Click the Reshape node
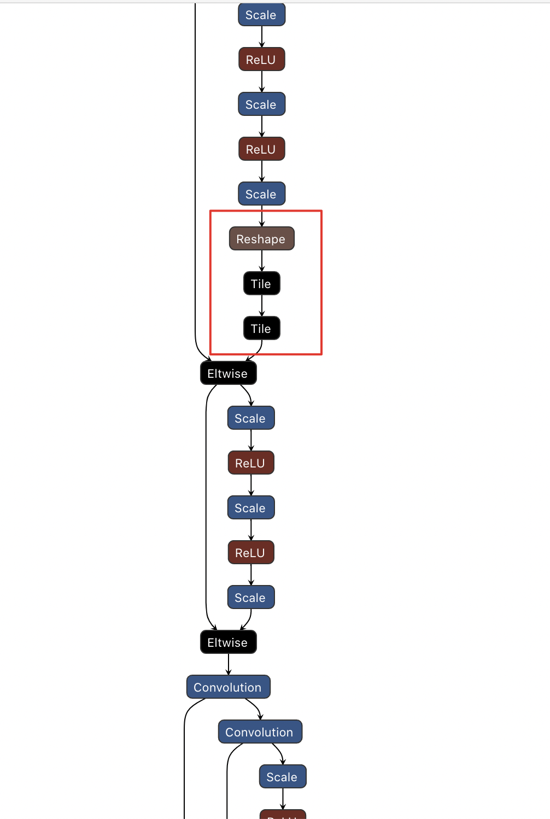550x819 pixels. [261, 239]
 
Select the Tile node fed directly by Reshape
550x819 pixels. [261, 284]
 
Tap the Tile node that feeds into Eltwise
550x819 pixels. [261, 329]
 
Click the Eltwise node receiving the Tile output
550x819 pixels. [228, 373]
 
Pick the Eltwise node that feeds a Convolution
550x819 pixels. [228, 642]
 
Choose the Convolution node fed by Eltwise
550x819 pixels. [228, 687]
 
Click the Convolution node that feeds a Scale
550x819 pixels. [260, 732]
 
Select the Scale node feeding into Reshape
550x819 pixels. [261, 194]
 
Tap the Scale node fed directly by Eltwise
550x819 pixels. [251, 418]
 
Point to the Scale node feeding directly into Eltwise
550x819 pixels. [251, 598]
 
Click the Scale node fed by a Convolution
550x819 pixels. [282, 777]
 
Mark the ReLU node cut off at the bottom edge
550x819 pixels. [282, 815]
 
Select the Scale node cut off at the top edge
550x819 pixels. [261, 14]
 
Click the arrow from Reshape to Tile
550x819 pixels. [262, 261]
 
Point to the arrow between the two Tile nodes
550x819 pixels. [262, 306]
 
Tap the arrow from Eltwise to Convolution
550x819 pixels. [229, 665]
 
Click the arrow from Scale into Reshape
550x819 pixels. [262, 217]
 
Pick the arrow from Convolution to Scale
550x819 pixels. [280, 754]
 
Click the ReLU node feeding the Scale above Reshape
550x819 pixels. [261, 149]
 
